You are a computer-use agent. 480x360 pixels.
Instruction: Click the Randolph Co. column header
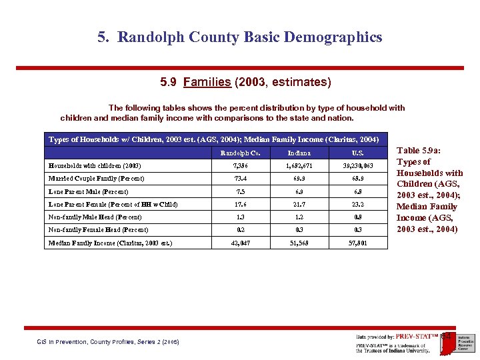point(237,153)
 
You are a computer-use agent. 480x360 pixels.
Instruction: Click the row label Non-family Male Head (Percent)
point(95,217)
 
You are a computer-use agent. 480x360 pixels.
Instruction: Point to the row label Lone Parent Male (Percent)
point(89,191)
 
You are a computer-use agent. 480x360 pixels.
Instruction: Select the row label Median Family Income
point(110,243)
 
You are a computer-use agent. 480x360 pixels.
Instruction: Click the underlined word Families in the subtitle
point(207,82)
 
